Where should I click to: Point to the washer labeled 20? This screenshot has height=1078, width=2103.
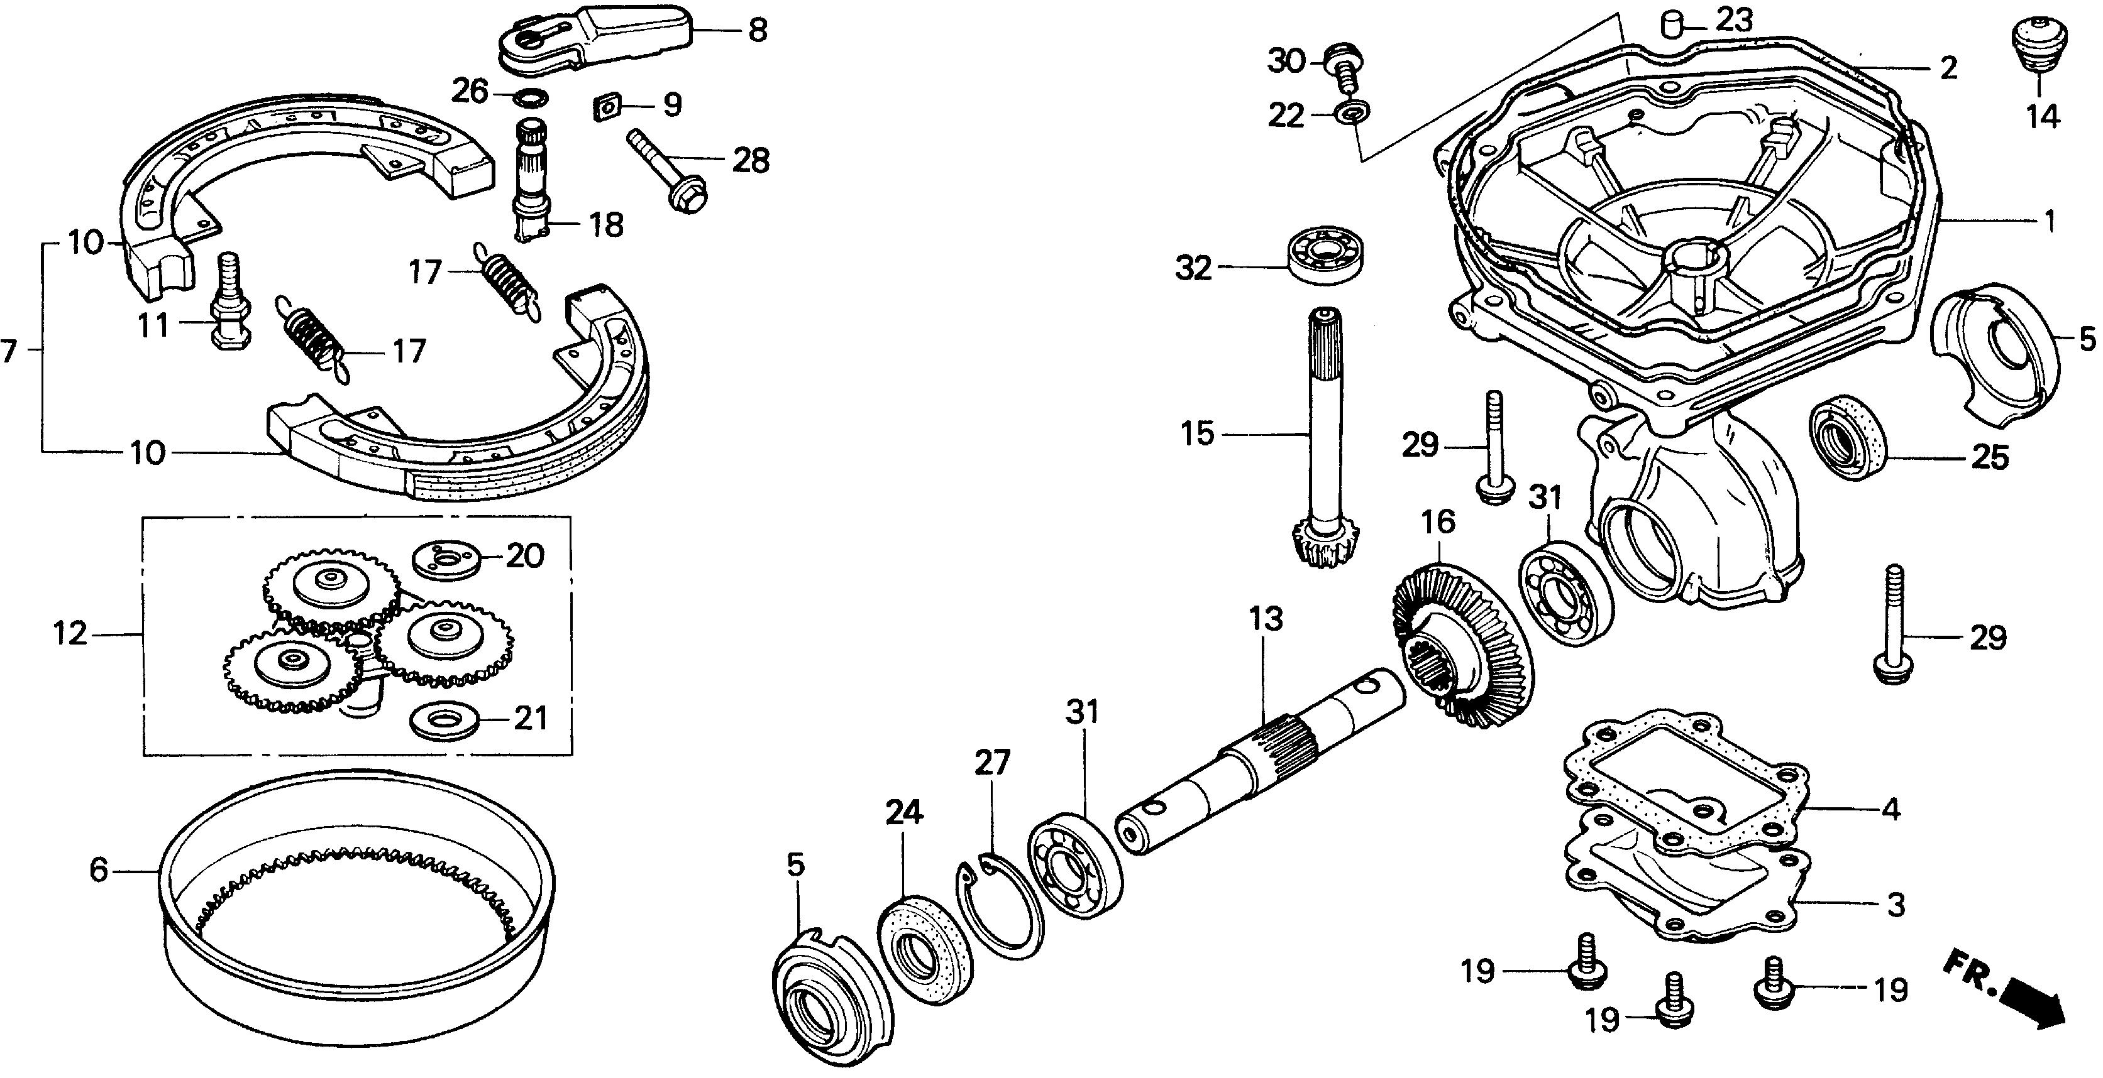(446, 562)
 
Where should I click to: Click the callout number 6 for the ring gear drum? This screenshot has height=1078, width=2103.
(98, 870)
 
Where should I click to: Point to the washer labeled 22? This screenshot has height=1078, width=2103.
(1352, 112)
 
